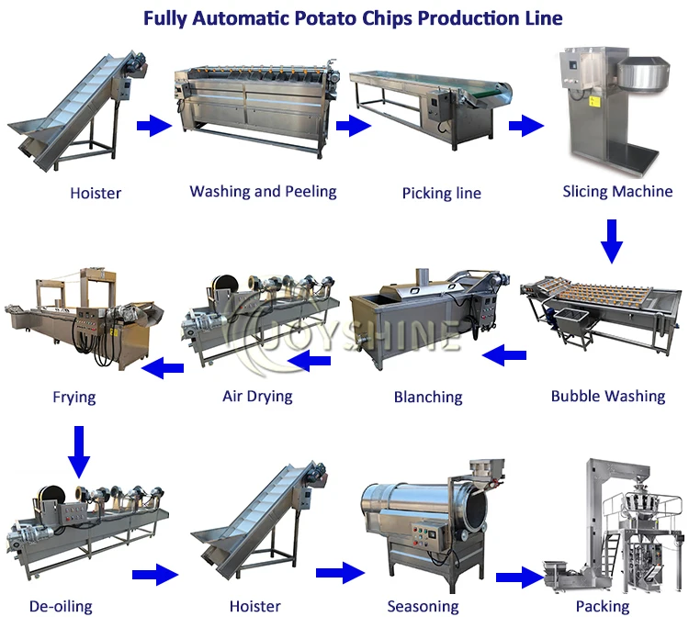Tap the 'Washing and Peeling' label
(263, 192)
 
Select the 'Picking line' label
(441, 194)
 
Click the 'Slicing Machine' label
(617, 192)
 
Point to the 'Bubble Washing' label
(607, 397)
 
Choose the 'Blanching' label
(427, 398)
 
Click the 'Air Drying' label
(257, 397)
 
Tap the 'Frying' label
(73, 398)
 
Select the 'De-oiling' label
(61, 607)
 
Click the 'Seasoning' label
(424, 607)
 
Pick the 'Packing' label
(602, 607)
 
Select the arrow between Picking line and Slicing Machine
(526, 126)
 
